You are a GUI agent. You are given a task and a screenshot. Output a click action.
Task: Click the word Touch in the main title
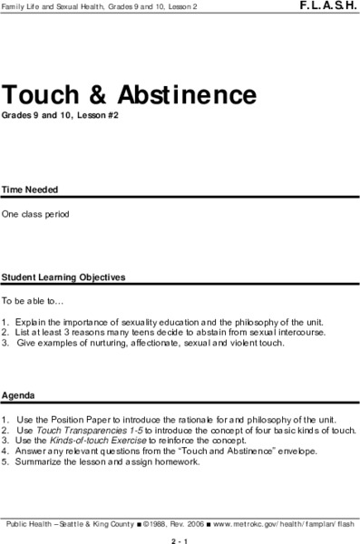point(44,94)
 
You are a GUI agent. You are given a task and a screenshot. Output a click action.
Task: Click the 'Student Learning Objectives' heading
point(63,277)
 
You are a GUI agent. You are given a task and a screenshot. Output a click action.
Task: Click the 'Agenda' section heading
point(18,396)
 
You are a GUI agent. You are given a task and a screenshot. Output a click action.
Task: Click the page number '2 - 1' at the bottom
point(180,538)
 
